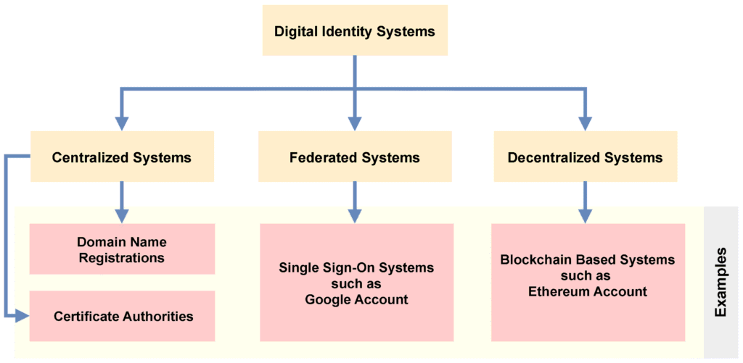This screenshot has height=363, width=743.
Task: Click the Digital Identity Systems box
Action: [x=355, y=31]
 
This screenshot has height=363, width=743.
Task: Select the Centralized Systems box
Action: [x=122, y=157]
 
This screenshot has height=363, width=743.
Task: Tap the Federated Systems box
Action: [x=355, y=157]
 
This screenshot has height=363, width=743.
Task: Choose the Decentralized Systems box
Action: [x=585, y=157]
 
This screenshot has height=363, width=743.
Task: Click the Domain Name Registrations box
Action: [x=122, y=249]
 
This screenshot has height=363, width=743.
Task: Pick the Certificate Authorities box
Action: [x=122, y=316]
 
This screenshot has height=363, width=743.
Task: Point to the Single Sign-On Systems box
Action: [x=356, y=283]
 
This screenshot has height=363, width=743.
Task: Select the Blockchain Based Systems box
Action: [x=588, y=283]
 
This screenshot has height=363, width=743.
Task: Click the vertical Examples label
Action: [x=721, y=282]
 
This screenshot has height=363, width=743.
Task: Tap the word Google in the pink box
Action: [x=331, y=299]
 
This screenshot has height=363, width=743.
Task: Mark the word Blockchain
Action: [x=533, y=259]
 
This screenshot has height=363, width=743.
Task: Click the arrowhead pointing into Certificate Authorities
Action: [x=22, y=316]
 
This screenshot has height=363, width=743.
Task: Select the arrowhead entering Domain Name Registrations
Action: [x=122, y=215]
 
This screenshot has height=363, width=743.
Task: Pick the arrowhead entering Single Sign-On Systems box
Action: [x=355, y=215]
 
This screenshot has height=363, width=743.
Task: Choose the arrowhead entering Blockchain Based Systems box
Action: [x=585, y=215]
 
